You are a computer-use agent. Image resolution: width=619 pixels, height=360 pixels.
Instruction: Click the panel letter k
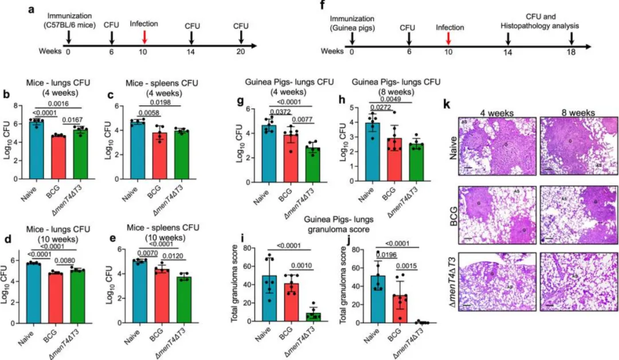(x=448, y=107)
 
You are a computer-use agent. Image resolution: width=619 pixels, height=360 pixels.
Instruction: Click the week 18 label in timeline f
(x=571, y=51)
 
